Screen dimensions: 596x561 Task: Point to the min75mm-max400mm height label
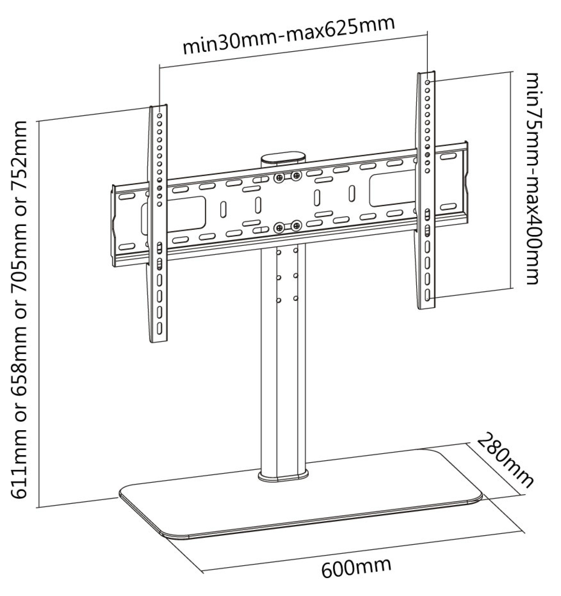point(535,178)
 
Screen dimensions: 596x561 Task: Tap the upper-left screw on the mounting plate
point(279,177)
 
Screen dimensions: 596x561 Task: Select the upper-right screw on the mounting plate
point(297,175)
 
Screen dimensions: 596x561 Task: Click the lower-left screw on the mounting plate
point(279,228)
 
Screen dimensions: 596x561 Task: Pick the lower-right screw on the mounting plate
point(297,226)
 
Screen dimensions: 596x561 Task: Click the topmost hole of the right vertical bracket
point(427,82)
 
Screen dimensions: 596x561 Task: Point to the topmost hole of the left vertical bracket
point(159,116)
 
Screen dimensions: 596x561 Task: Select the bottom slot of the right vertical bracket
point(428,294)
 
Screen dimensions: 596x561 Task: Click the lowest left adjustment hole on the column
point(278,300)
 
